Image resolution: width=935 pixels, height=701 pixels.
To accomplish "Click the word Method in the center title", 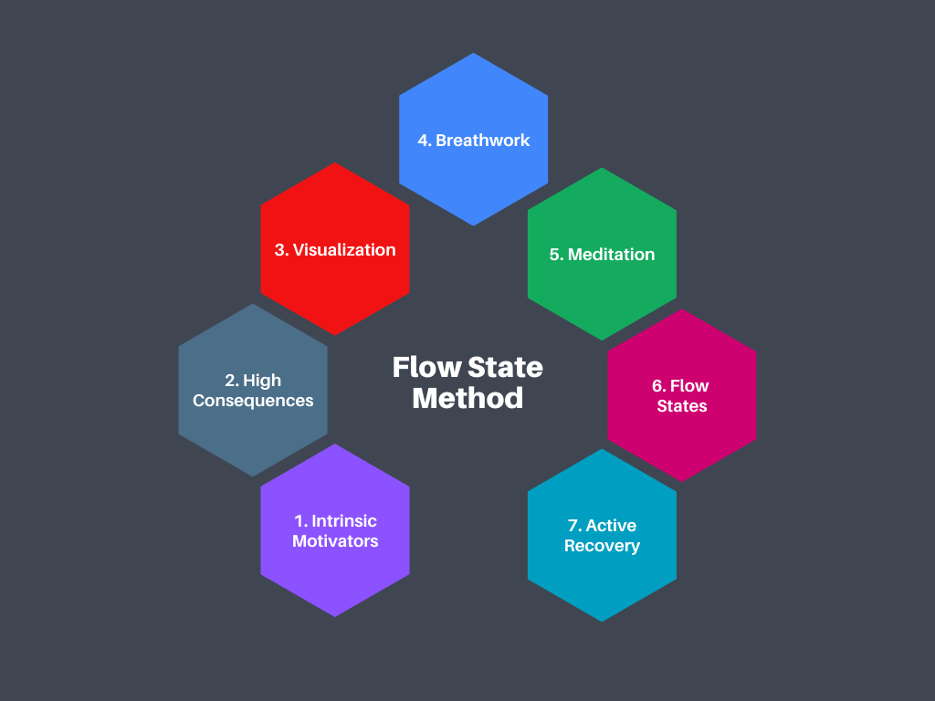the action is pos(467,398).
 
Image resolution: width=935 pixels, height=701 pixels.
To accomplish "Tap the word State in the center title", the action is pos(505,368).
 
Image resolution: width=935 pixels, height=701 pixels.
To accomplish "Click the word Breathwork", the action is pos(483,141).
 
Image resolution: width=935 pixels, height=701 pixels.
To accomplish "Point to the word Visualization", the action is pos(344,250).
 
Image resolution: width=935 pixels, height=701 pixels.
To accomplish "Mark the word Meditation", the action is pos(612,255).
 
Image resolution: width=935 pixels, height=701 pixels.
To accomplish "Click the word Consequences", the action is pos(253,401).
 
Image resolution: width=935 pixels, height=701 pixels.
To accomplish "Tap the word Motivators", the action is pos(335,541).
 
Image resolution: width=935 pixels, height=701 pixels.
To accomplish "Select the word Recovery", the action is pos(602,546).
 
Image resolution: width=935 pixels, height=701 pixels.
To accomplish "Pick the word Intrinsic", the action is pos(344,521).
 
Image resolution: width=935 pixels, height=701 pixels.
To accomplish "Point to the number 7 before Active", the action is pos(573,526).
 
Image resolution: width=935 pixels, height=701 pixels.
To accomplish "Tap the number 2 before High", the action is pos(230,381).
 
